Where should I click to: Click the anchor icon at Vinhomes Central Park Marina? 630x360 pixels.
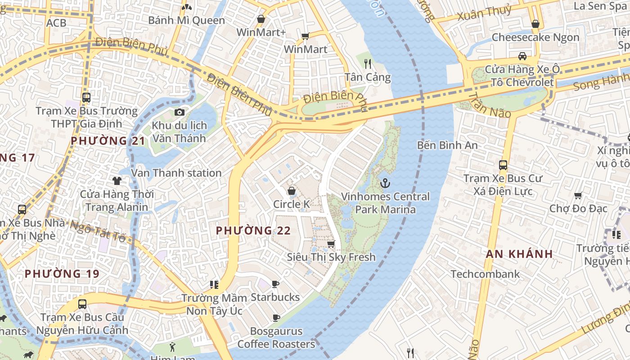click(385, 183)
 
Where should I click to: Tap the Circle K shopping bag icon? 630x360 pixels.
click(292, 191)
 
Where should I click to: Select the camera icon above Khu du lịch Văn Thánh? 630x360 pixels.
click(180, 112)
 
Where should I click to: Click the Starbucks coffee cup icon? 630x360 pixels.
click(275, 284)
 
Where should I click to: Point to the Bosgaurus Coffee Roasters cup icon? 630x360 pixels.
click(276, 318)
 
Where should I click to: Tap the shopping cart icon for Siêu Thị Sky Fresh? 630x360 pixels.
click(331, 244)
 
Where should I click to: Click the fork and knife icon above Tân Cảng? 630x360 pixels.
click(368, 63)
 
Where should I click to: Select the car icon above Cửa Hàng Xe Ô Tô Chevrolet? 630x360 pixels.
click(522, 56)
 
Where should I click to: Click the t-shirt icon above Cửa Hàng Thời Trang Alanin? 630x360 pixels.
click(117, 181)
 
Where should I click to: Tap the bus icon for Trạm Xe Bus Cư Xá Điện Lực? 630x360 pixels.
click(503, 165)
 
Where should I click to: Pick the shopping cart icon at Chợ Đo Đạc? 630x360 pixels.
click(578, 195)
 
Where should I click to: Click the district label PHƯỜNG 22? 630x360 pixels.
click(253, 231)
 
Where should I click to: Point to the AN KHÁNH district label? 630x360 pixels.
click(519, 254)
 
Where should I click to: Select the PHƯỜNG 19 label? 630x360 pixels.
click(62, 274)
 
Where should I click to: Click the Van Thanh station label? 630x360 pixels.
click(176, 173)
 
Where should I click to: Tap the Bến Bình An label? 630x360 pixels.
click(447, 145)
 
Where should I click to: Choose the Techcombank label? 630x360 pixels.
click(485, 274)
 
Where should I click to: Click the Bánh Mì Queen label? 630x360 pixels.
click(186, 20)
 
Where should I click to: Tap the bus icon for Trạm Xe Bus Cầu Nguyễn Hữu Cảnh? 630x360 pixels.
click(82, 304)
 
